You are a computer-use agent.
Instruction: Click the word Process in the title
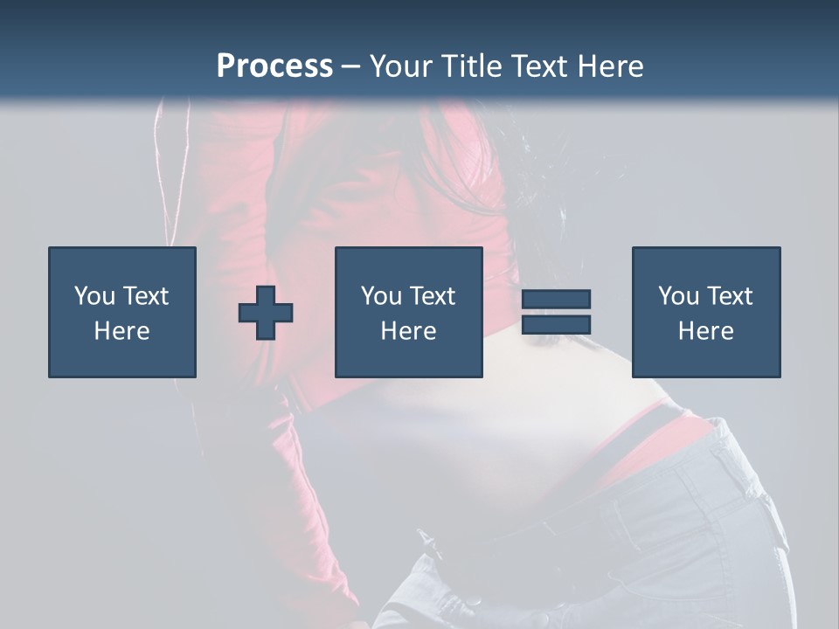274,66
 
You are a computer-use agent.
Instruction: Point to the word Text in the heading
537,66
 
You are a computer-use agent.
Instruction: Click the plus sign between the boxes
266,312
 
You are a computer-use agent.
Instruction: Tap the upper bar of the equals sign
556,299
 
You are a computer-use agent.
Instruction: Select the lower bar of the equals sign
556,324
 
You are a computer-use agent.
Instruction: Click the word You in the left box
95,296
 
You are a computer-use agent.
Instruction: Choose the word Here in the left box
121,331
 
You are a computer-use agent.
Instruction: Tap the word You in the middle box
382,296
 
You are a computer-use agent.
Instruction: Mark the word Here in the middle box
408,331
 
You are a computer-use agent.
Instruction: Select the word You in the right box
679,296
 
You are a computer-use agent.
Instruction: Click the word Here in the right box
705,331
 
